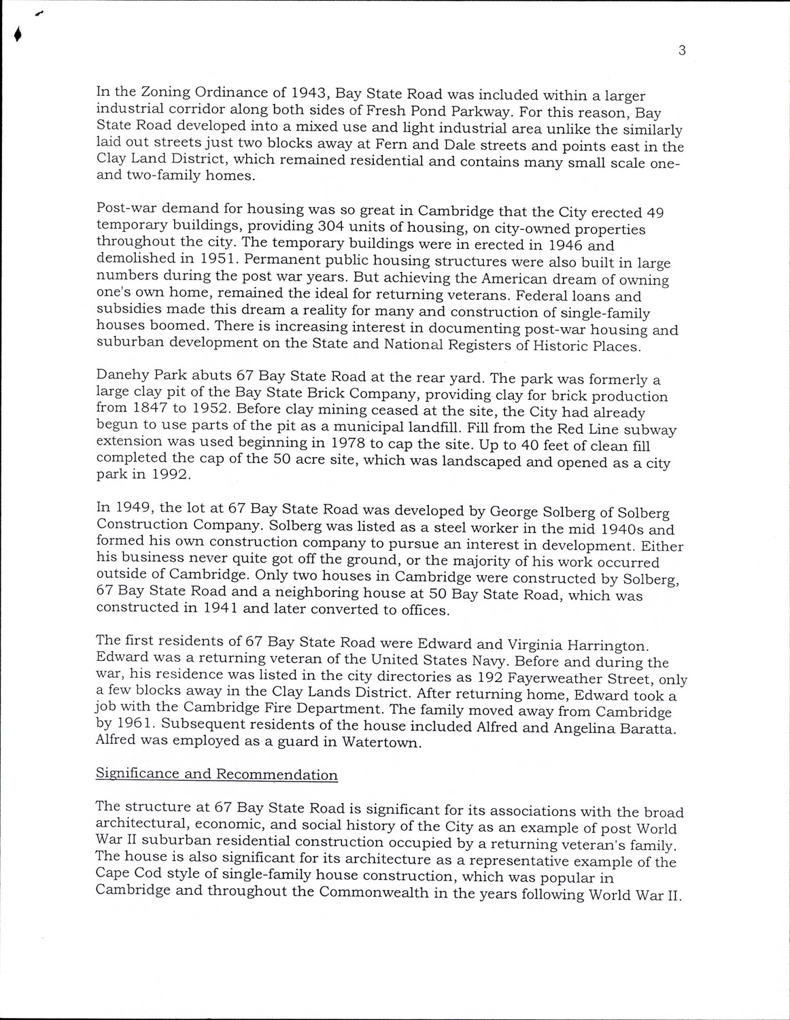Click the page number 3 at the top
point(681,50)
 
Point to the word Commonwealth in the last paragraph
point(373,892)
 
